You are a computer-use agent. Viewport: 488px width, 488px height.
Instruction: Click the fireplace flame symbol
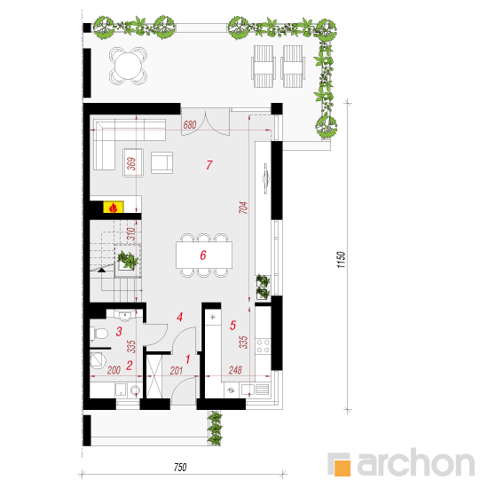114,208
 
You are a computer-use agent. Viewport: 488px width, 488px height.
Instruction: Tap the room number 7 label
209,165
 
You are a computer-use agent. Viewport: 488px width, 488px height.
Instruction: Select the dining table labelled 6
204,255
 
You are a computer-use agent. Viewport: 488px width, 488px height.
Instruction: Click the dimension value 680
190,125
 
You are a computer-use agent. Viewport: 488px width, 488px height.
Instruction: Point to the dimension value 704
244,208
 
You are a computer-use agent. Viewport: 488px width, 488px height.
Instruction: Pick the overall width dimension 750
180,467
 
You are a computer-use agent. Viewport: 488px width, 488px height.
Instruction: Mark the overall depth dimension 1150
341,260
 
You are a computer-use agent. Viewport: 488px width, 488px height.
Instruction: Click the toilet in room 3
98,334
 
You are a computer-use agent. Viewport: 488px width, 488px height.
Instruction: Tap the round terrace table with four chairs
128,66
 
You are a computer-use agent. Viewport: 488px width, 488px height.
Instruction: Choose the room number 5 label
232,326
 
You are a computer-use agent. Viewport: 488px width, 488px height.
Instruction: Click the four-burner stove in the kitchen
263,346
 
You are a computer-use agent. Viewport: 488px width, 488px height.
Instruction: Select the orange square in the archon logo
342,468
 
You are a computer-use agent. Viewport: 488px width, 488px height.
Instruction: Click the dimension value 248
235,370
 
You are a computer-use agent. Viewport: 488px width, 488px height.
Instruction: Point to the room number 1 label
188,359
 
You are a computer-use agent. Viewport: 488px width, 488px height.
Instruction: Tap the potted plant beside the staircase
128,260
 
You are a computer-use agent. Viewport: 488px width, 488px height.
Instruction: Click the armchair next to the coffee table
161,162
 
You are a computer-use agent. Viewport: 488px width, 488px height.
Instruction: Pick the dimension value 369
132,164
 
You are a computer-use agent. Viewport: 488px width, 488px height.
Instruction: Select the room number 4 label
179,317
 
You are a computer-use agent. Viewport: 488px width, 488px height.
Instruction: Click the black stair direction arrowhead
101,271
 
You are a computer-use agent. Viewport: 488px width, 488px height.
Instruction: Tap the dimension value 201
177,370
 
